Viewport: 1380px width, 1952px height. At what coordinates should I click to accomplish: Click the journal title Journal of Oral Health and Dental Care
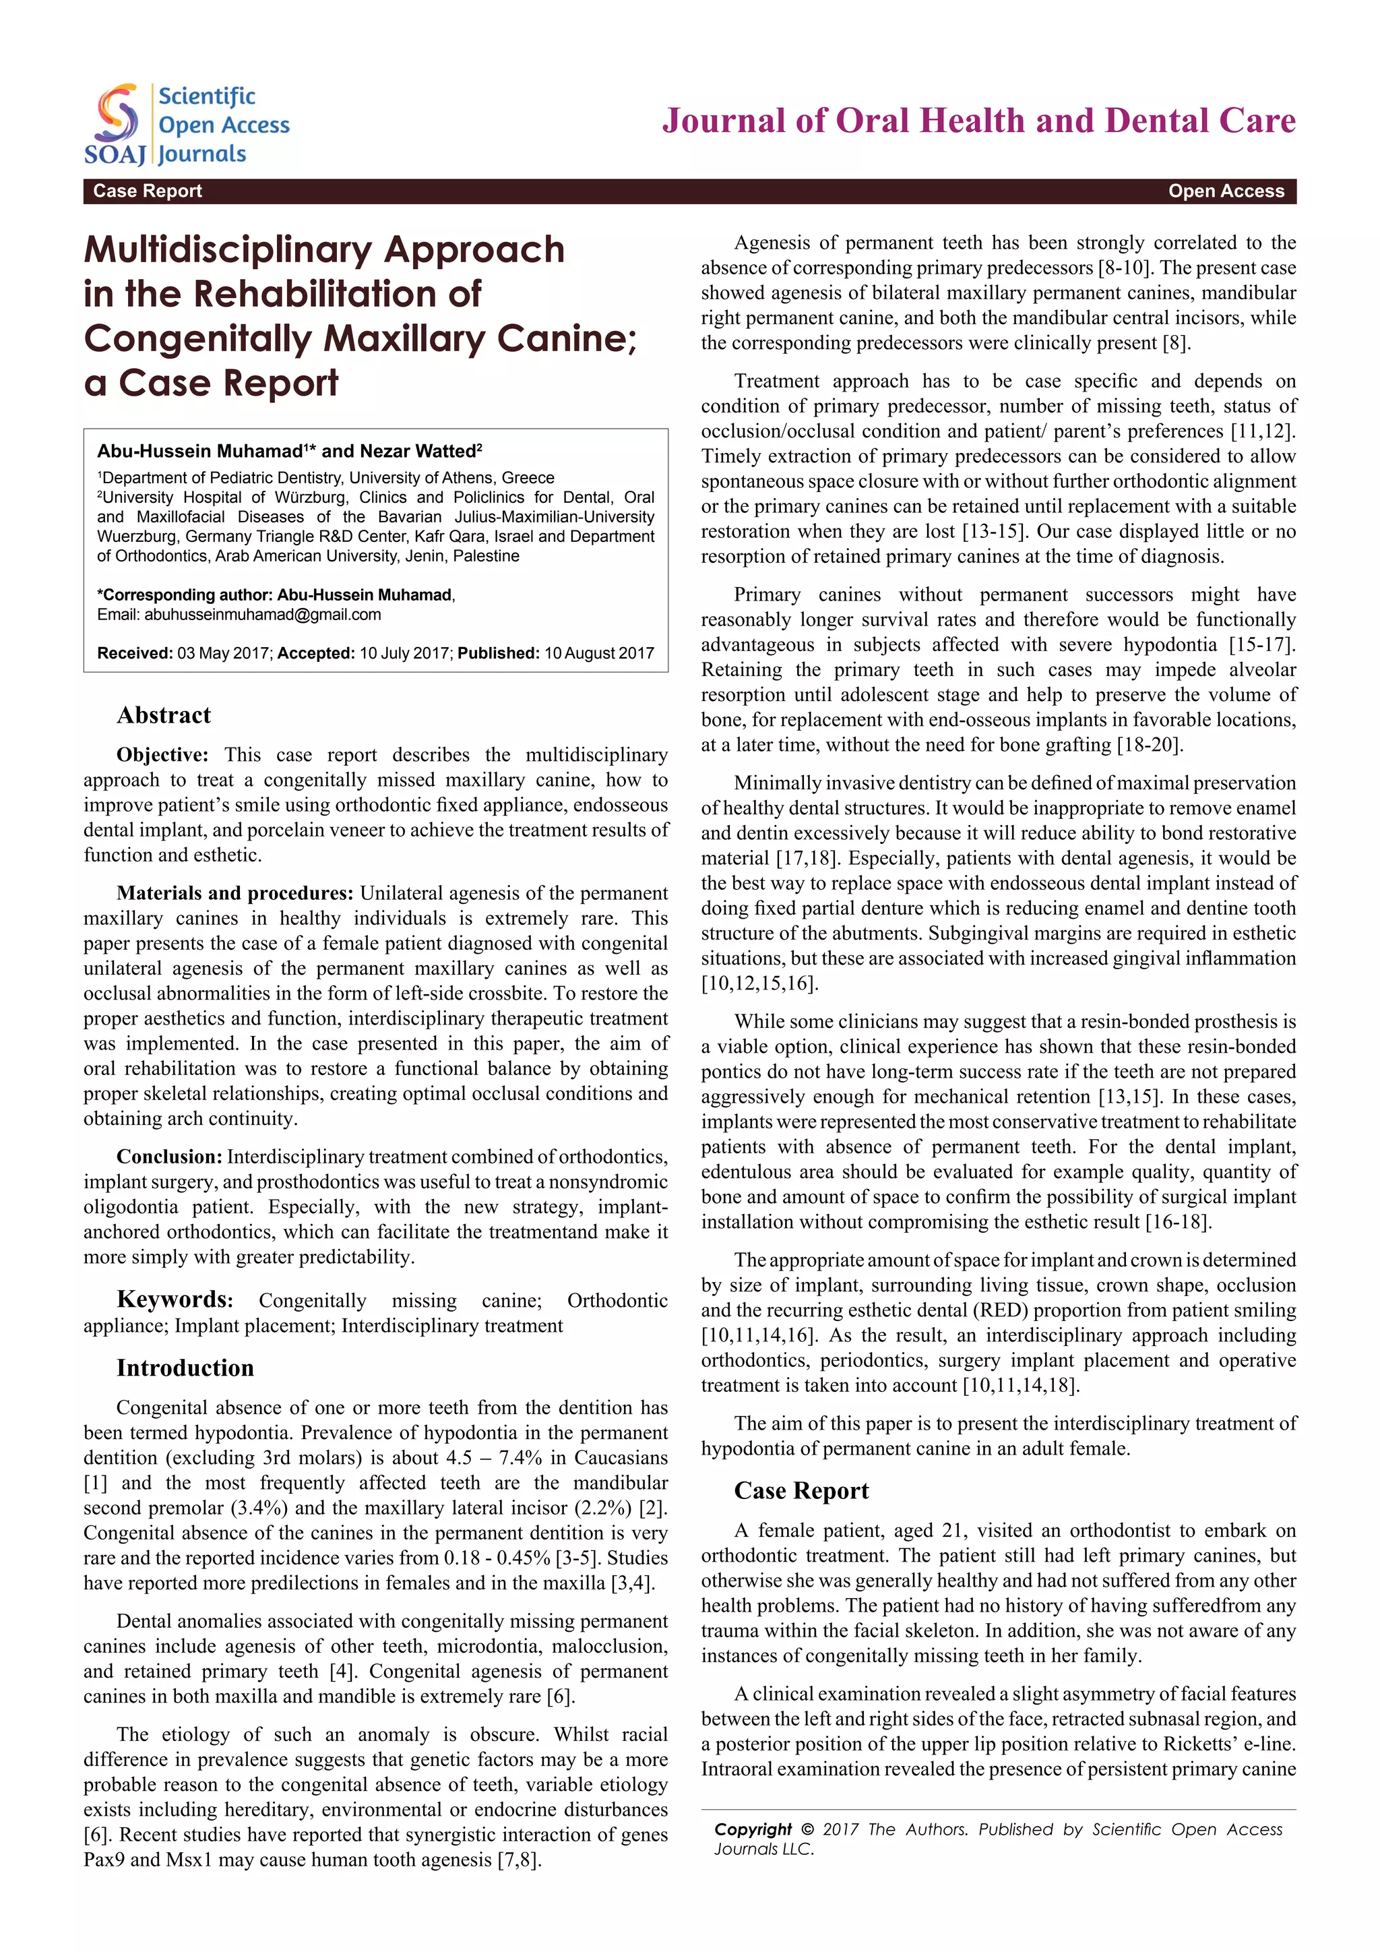979,121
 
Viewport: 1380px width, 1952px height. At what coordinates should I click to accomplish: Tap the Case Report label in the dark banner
147,191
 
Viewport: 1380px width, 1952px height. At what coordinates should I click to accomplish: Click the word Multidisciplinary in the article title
228,250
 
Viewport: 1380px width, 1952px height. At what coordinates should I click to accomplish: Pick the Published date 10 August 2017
599,653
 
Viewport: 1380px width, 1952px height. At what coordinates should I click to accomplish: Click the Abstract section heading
163,715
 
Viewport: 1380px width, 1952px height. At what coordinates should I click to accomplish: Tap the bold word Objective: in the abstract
162,755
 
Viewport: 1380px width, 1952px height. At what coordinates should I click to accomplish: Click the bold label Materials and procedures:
234,892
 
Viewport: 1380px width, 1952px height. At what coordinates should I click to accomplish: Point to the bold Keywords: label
175,1300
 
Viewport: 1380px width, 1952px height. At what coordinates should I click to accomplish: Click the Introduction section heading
185,1368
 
